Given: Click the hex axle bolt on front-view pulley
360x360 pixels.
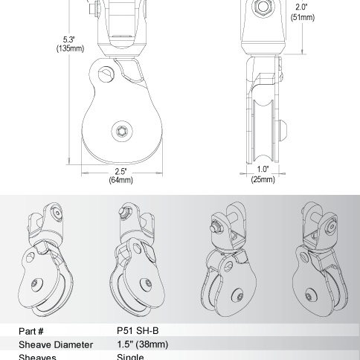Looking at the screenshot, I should (x=121, y=131).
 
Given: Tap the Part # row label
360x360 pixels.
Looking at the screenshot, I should (x=35, y=332).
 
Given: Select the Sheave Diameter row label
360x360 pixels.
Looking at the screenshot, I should (x=56, y=344).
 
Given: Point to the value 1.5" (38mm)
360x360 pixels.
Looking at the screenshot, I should (x=143, y=344).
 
